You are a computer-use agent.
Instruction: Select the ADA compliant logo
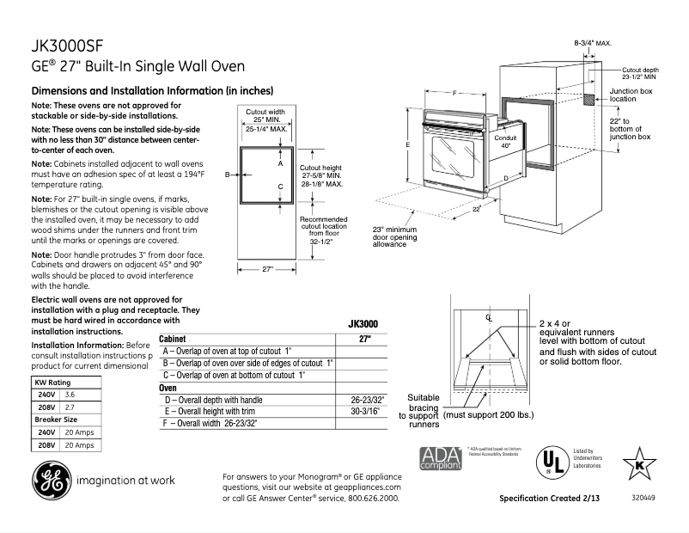(439, 458)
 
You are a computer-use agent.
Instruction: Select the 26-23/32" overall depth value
(368, 400)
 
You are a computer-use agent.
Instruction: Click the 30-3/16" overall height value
(369, 412)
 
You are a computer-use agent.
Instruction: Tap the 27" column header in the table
(364, 339)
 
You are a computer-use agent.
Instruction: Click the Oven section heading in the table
(168, 388)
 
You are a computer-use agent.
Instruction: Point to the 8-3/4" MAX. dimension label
(593, 42)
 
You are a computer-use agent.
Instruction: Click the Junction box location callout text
(631, 95)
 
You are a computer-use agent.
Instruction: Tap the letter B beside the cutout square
(228, 175)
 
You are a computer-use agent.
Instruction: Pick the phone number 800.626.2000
(372, 498)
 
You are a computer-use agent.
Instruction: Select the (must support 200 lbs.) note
(490, 414)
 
